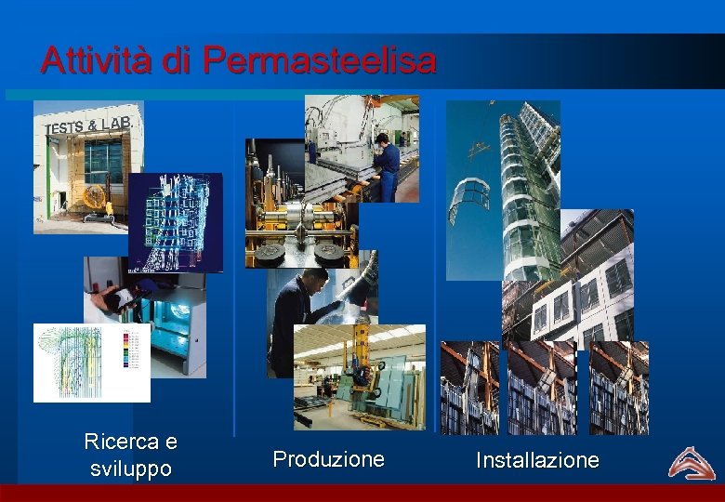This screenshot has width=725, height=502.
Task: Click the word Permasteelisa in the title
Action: pyautogui.click(x=319, y=61)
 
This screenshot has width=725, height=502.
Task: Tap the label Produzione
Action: pyautogui.click(x=328, y=459)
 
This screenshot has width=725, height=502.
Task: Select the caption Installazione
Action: pyautogui.click(x=537, y=460)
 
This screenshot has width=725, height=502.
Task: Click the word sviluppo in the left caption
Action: pyautogui.click(x=130, y=469)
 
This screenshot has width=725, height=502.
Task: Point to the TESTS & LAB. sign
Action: pyautogui.click(x=89, y=125)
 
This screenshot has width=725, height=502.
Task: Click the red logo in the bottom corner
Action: pyautogui.click(x=691, y=463)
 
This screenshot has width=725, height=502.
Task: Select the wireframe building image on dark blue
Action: pyautogui.click(x=176, y=222)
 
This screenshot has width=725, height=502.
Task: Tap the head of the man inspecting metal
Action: pyautogui.click(x=316, y=280)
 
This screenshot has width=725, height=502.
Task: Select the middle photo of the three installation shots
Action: pyautogui.click(x=541, y=388)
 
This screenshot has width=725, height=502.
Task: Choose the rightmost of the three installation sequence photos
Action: pyautogui.click(x=619, y=388)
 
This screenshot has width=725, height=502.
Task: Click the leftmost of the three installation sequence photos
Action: pyautogui.click(x=469, y=388)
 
